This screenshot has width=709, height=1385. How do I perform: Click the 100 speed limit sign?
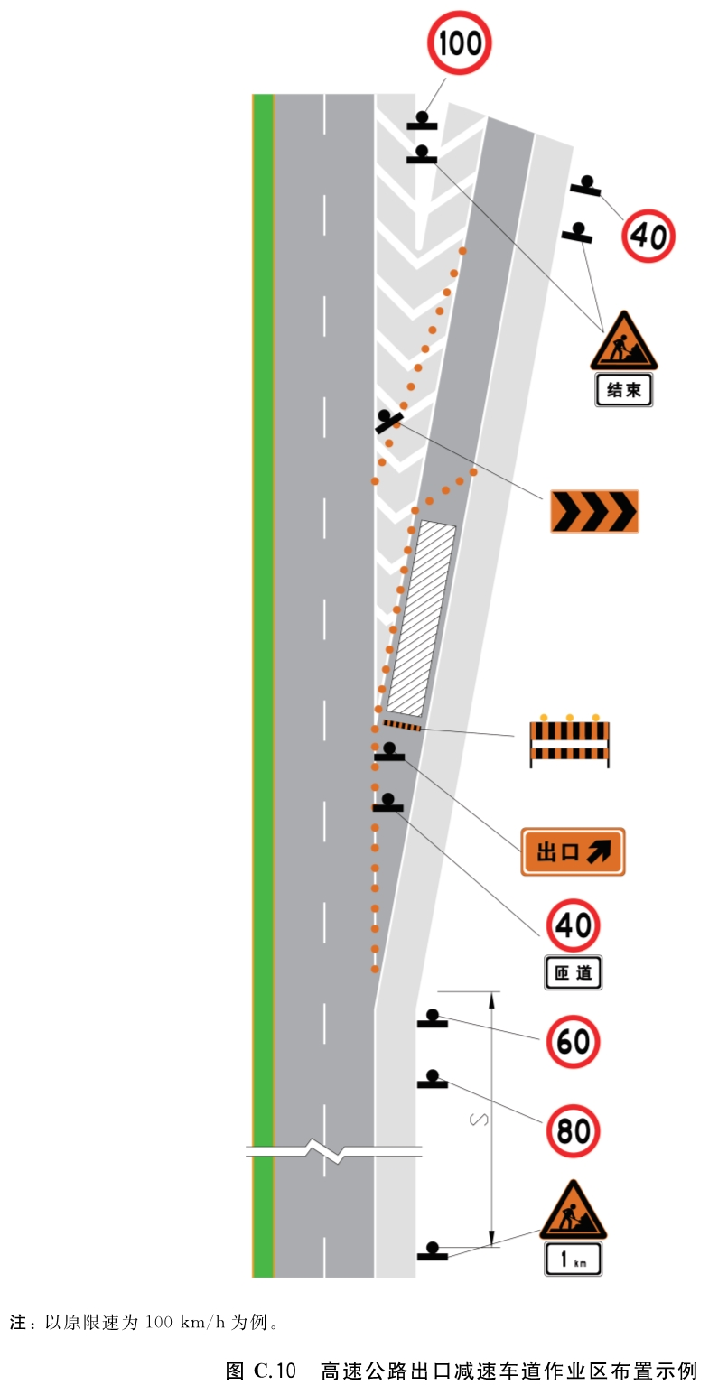[459, 42]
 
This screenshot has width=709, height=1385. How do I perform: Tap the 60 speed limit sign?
[573, 1042]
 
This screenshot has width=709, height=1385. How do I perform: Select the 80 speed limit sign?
[573, 1131]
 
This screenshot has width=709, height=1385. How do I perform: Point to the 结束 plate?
[623, 389]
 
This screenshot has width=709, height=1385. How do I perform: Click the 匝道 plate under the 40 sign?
[573, 972]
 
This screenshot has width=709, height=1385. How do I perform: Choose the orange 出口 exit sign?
[573, 851]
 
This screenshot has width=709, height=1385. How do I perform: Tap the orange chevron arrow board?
[594, 511]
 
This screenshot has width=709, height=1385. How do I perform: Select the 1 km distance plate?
[573, 1259]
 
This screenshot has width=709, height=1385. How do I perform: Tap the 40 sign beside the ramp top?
[648, 236]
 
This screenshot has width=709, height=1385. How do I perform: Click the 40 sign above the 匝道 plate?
[573, 925]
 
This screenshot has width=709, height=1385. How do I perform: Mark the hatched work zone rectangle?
[421, 618]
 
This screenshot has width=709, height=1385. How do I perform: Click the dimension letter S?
[479, 1120]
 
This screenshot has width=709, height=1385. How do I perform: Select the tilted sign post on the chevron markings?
[387, 421]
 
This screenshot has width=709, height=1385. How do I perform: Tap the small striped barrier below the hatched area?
[402, 725]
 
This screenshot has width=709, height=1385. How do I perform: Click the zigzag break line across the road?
[334, 1151]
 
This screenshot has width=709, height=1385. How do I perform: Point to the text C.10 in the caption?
[275, 1371]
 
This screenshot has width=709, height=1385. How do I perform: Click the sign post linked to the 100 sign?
[422, 121]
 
